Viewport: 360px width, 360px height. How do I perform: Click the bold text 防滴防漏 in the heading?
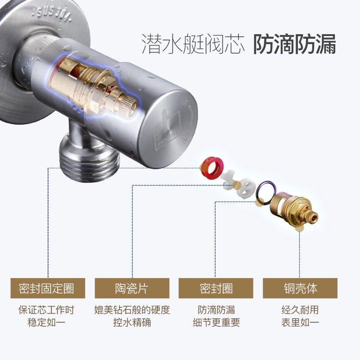[x=294, y=45]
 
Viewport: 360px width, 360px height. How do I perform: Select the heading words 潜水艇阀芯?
[x=193, y=45]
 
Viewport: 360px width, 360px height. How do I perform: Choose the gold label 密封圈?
[x=216, y=288]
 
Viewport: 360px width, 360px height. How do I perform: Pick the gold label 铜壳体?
[x=300, y=288]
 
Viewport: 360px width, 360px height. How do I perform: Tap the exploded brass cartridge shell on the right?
[x=297, y=209]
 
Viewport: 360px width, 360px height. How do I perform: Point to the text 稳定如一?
[x=46, y=322]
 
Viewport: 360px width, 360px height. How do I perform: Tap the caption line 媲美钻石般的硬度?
[x=132, y=310]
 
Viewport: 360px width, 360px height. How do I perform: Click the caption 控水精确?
[x=132, y=322]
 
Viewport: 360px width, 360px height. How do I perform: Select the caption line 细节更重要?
[x=216, y=322]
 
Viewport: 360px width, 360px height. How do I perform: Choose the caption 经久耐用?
[x=300, y=310]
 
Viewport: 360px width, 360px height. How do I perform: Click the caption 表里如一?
[x=300, y=322]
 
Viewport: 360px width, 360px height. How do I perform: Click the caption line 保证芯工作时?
[x=46, y=310]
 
